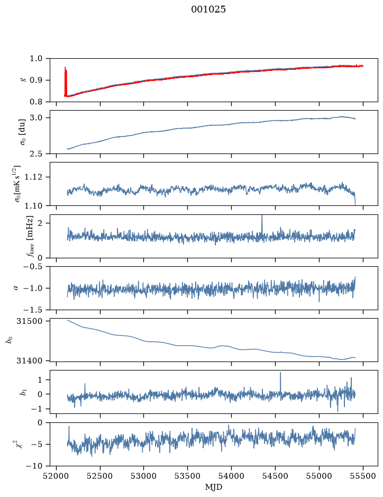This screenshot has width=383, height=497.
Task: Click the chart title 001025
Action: point(208,10)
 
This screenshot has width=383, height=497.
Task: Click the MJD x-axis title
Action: point(214,487)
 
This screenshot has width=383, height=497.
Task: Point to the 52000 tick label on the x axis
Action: point(57,476)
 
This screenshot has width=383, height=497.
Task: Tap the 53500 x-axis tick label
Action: point(188,476)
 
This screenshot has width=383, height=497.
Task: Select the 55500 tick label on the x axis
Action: point(363,476)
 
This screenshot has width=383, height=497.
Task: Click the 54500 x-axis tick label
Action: point(275,476)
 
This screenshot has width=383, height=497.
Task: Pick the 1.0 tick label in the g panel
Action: point(36,58)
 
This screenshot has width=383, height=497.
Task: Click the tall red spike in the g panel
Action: point(66,82)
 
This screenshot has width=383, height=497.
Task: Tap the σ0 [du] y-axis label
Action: point(23,132)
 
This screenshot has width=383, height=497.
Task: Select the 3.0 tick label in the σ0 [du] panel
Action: point(36,118)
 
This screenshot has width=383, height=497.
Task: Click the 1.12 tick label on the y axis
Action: point(33,177)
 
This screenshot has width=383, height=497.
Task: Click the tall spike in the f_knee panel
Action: point(262,225)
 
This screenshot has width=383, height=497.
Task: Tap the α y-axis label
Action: point(16,288)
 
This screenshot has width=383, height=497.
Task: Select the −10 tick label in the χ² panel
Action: point(35,466)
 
